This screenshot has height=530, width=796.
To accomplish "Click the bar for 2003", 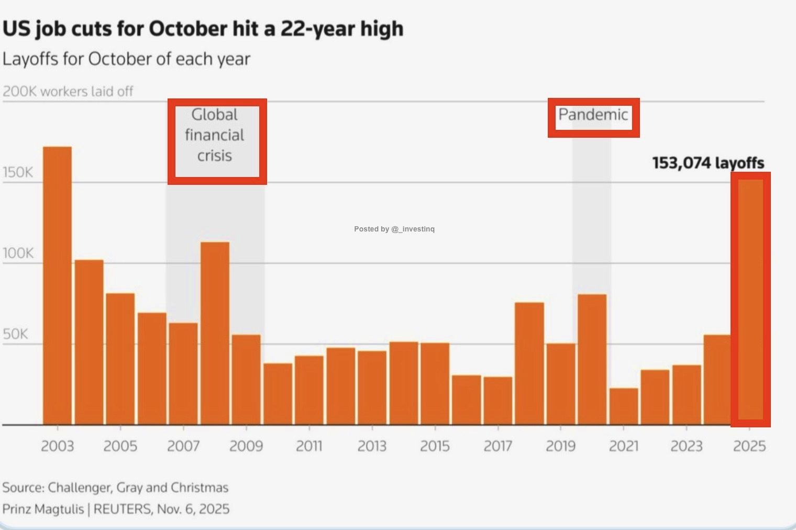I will pyautogui.click(x=57, y=285).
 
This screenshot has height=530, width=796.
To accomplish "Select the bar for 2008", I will pyautogui.click(x=215, y=333).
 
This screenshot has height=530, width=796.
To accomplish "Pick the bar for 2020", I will pyautogui.click(x=592, y=359).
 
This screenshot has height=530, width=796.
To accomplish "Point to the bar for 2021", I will pyautogui.click(x=624, y=406).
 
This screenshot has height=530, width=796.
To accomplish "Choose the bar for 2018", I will pyautogui.click(x=529, y=363).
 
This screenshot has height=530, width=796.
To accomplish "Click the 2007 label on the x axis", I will pyautogui.click(x=183, y=446).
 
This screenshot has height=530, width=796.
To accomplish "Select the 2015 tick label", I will pyautogui.click(x=435, y=446).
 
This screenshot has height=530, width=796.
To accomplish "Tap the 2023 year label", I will pyautogui.click(x=687, y=446).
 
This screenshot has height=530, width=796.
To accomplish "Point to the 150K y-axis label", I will pyautogui.click(x=18, y=173).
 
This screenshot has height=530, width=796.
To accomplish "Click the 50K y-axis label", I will pyautogui.click(x=15, y=334).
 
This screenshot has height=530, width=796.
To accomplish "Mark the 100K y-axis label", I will pyautogui.click(x=18, y=253).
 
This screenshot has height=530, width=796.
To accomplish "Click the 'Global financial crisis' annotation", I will pyautogui.click(x=215, y=135).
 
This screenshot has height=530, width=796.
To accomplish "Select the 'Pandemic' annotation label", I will pyautogui.click(x=593, y=115).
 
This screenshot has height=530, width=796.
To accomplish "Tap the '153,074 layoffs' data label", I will pyautogui.click(x=708, y=163).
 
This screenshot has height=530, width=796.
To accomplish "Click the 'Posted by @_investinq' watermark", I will pyautogui.click(x=394, y=229).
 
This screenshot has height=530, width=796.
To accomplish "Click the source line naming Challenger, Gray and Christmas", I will pyautogui.click(x=115, y=488).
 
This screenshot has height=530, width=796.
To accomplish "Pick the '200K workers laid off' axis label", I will pyautogui.click(x=68, y=92).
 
